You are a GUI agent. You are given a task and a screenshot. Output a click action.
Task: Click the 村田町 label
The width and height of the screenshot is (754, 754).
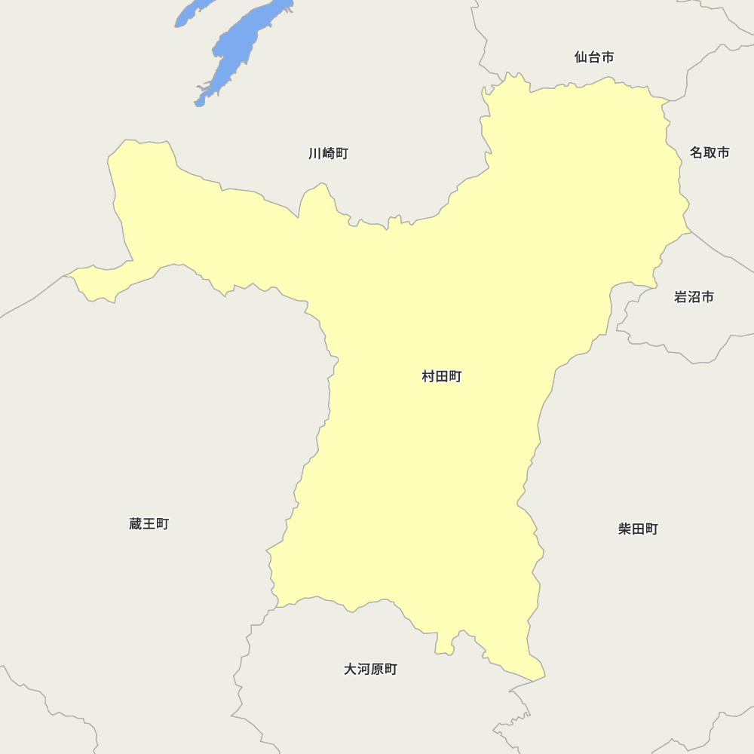tap(441, 376)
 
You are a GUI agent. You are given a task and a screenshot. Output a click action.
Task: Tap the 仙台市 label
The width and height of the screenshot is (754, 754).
tap(593, 57)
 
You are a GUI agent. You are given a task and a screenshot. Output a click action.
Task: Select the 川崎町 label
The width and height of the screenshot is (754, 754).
tap(328, 154)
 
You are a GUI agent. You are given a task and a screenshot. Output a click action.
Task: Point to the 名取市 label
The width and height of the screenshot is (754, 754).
tap(710, 152)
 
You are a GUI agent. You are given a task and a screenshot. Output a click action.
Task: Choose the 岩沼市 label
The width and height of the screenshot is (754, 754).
tap(694, 297)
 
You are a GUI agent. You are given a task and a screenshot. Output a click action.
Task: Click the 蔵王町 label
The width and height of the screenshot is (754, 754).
tap(149, 523)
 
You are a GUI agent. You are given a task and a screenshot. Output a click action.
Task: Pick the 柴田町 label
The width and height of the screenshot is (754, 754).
tap(638, 529)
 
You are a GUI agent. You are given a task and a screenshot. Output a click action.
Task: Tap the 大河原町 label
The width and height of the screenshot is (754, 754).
tap(370, 669)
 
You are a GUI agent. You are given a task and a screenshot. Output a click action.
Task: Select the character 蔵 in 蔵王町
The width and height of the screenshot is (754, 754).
tap(136, 523)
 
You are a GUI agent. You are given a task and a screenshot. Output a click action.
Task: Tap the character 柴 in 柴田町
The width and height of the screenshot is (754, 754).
tap(625, 529)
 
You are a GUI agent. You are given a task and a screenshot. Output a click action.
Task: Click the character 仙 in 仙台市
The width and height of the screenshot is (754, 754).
tap(581, 57)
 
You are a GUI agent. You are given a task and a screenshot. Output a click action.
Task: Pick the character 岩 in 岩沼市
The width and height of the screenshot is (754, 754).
tap(681, 297)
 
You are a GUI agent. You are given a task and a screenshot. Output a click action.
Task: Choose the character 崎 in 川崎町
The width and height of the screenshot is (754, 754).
tap(328, 154)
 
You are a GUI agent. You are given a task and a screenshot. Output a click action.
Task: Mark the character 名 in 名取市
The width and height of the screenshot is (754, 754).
tap(697, 152)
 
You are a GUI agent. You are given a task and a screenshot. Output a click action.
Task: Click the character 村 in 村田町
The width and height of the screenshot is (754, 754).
tap(428, 376)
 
